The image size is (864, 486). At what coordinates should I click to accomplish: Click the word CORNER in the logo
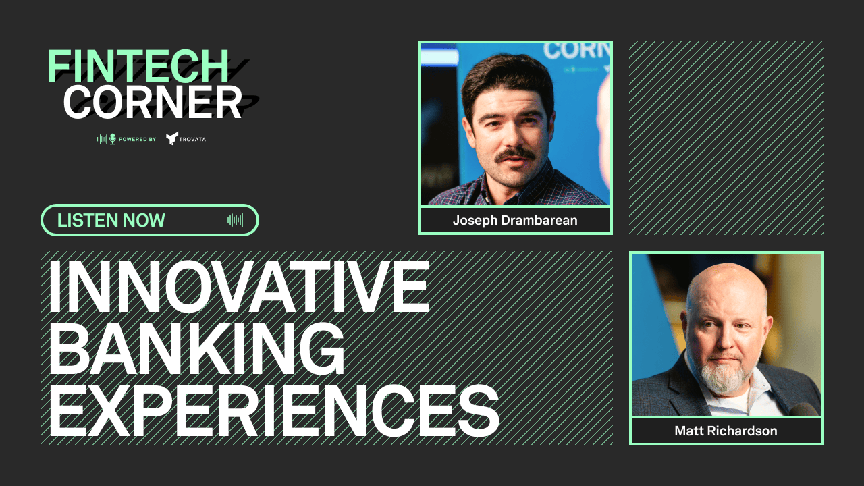pos(153,102)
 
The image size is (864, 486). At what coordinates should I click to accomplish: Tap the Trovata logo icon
pos(172,138)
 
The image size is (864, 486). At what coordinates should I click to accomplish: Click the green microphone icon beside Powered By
pos(112,139)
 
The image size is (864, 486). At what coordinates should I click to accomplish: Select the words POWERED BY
pos(137,139)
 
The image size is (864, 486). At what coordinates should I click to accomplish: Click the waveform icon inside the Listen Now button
pos(235,220)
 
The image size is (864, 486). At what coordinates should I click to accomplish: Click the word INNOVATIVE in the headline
pos(238,286)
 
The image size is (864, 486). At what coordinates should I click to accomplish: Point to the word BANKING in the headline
pos(196,348)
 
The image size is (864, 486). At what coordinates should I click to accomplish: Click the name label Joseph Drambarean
pos(515,221)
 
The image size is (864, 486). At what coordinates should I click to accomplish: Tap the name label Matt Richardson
pos(726,431)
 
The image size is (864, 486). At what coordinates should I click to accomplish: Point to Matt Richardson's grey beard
pos(723,375)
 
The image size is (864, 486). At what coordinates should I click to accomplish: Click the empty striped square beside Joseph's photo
pos(726,137)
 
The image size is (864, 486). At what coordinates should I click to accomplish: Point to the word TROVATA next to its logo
pos(194,139)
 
